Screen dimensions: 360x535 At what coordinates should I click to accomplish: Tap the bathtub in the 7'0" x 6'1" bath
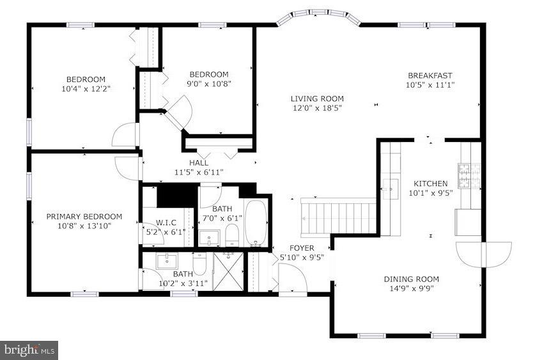258,224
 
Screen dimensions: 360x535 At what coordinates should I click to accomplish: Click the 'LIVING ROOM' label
317,98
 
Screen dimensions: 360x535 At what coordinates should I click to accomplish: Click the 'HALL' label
198,163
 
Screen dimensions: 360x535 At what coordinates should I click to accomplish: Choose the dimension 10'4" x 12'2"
87,89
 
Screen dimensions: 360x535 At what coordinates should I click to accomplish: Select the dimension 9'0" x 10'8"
208,84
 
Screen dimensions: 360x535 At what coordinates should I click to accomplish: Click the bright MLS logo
29,349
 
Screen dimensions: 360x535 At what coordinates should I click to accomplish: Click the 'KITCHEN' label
431,183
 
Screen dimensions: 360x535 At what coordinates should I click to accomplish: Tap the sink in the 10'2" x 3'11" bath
167,261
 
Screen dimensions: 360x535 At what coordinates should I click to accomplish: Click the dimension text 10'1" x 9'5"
431,192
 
